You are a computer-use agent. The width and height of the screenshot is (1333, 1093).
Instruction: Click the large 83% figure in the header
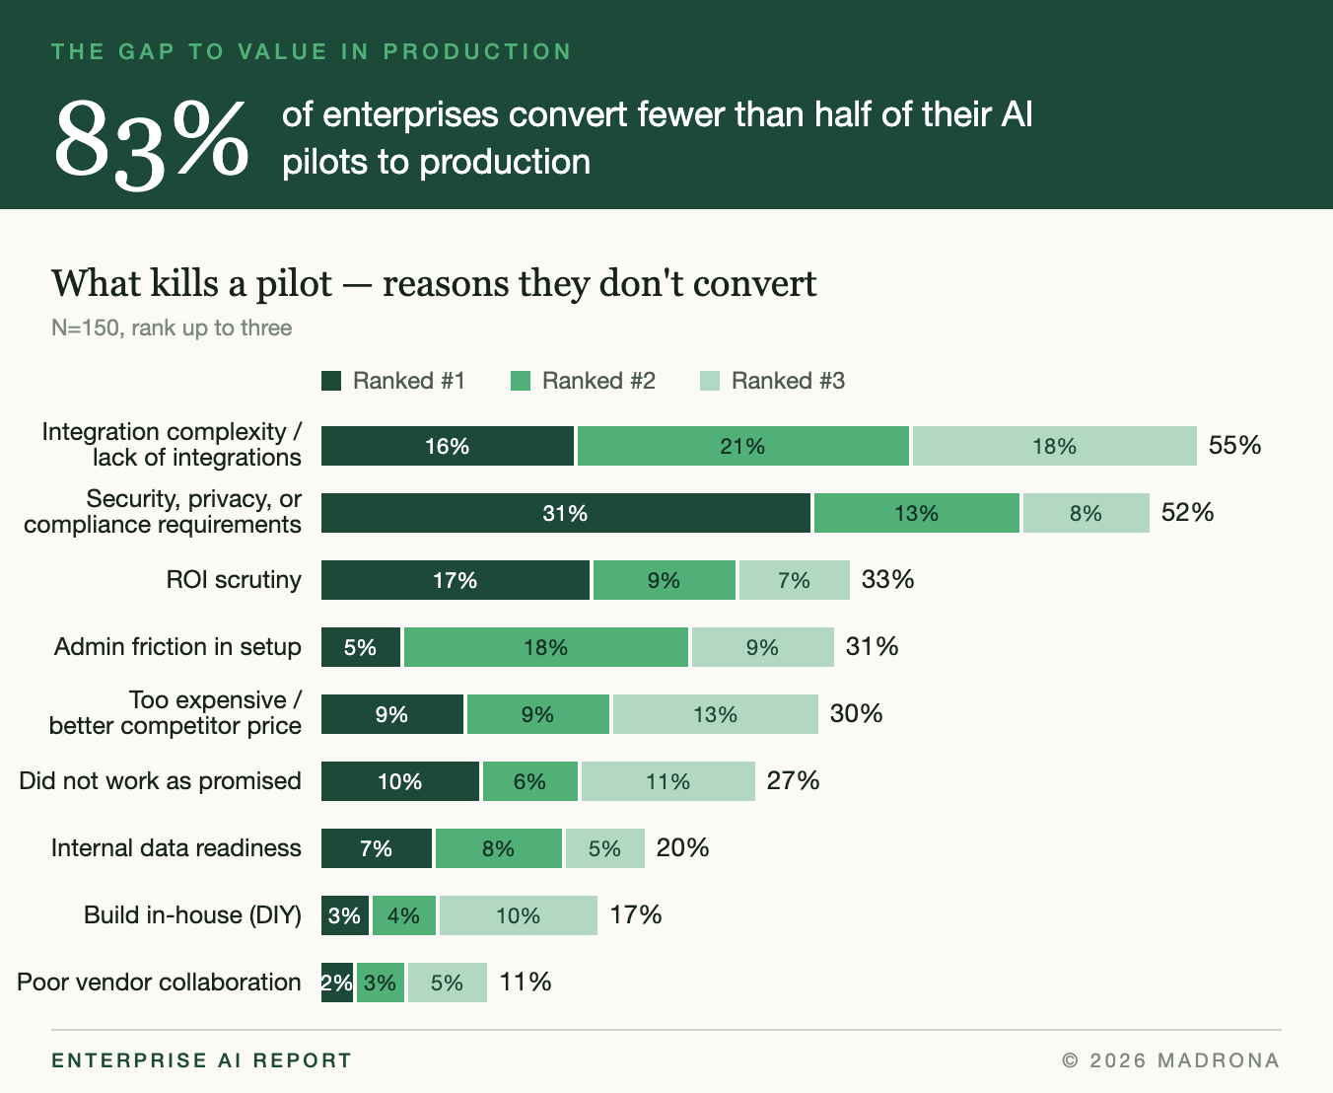click(x=152, y=142)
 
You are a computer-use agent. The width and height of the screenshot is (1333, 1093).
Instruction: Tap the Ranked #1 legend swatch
click(x=331, y=381)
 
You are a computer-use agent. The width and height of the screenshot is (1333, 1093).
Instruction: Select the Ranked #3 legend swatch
click(x=710, y=381)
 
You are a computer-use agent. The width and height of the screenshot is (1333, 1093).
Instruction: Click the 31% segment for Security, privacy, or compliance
click(x=566, y=513)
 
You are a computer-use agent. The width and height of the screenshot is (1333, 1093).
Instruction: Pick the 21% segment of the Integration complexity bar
click(x=743, y=446)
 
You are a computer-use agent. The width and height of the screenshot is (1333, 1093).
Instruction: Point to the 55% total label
click(x=1234, y=445)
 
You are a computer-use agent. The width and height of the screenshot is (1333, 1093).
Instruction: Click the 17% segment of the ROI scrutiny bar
click(x=456, y=580)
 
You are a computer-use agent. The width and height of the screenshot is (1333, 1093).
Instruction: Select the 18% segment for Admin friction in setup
click(x=546, y=647)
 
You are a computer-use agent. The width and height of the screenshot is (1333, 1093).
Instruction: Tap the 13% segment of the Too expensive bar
click(x=716, y=714)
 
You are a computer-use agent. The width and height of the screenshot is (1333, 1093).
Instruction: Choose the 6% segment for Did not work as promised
click(x=530, y=781)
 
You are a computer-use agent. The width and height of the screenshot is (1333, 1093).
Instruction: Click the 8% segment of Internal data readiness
click(x=499, y=848)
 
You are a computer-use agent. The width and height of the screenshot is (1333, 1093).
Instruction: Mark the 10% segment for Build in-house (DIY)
click(x=519, y=915)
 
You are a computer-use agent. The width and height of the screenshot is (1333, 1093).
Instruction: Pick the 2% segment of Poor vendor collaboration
click(x=337, y=983)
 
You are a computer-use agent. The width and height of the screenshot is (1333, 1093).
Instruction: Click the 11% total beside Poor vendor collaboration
click(x=526, y=983)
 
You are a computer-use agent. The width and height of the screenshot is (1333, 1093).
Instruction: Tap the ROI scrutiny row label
click(x=234, y=579)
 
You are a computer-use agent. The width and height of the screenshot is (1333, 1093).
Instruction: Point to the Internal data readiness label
click(x=176, y=847)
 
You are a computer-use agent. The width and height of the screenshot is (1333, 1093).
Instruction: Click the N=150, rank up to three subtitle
click(x=172, y=328)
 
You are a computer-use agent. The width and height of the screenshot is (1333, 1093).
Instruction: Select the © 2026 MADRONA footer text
click(x=1171, y=1060)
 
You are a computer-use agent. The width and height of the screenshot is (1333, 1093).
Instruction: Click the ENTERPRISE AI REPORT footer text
click(x=201, y=1060)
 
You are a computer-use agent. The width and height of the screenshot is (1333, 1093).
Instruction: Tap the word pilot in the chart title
click(x=294, y=284)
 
